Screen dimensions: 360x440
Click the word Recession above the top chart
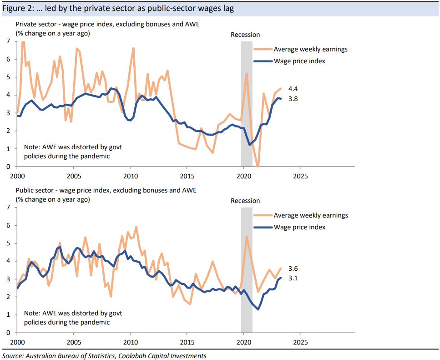[x=245, y=35]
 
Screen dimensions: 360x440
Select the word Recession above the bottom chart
[x=245, y=201]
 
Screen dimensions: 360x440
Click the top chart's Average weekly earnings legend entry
[x=310, y=49]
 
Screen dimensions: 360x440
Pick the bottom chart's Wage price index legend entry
[x=299, y=227]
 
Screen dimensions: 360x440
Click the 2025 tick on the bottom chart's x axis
[x=299, y=342]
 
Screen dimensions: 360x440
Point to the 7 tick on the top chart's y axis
[x=8, y=41]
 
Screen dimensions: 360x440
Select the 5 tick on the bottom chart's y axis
[x=8, y=243]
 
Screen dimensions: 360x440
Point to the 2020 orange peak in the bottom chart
[x=247, y=237]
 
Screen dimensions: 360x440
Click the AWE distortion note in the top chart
[x=73, y=152]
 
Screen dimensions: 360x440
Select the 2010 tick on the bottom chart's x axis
[x=130, y=342]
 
